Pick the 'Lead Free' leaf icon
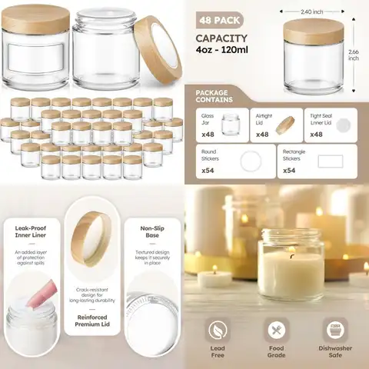click(x=218, y=331)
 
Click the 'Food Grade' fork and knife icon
click(x=277, y=331)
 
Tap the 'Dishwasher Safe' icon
click(x=335, y=331)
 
